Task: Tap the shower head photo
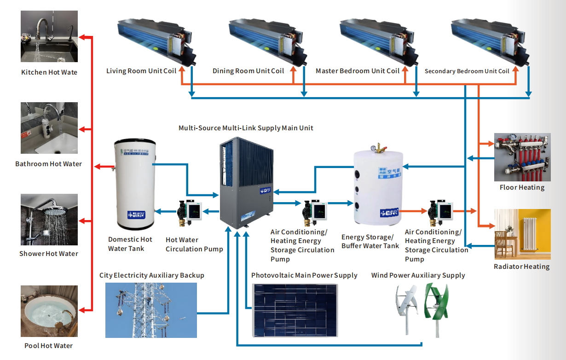(49, 220)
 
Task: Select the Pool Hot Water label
(49, 346)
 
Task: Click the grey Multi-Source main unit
(246, 184)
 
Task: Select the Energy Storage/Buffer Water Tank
(378, 186)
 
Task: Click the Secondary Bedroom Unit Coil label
(467, 71)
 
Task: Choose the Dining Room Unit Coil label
(248, 71)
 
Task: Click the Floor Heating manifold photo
(522, 157)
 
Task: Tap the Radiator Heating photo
(522, 234)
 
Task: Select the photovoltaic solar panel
(297, 310)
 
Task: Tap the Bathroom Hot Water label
(48, 164)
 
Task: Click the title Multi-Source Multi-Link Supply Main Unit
(246, 128)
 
